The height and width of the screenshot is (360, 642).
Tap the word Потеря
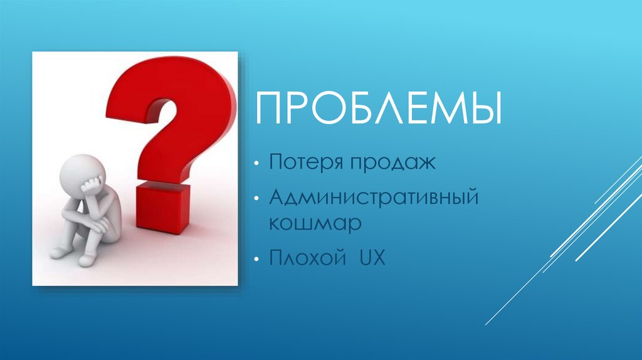tap(300, 164)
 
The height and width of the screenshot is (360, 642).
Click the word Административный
tap(374, 198)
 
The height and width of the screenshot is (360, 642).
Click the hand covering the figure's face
tap(93, 183)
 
